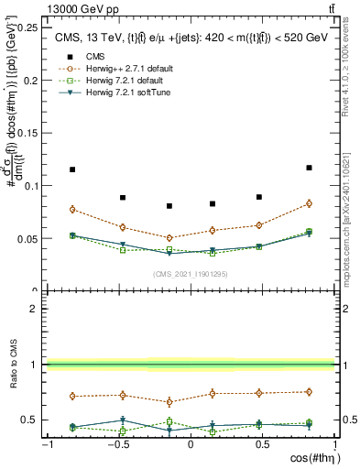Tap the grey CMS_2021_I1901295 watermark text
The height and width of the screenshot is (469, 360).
point(190,274)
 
